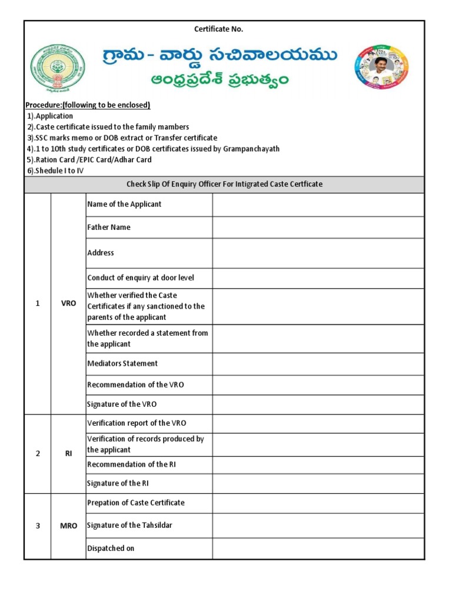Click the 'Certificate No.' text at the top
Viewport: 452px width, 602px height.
[218, 29]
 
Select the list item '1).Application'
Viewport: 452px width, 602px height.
[49, 116]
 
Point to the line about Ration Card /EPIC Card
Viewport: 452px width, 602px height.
[89, 160]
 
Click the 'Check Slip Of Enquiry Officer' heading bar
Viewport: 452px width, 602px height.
[224, 184]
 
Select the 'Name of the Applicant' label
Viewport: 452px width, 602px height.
[124, 204]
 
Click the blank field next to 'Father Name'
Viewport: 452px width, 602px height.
[318, 227]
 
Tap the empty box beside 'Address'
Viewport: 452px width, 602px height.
[318, 253]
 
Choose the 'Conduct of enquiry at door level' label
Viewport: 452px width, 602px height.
[141, 277]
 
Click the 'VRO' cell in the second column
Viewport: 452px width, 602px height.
[68, 303]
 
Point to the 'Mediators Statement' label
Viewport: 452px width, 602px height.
[122, 363]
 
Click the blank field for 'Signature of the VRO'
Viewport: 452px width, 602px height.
[318, 404]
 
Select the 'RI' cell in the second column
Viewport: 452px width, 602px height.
[68, 454]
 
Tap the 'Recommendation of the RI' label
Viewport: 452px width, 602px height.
[131, 464]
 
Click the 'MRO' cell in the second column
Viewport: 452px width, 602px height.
[68, 526]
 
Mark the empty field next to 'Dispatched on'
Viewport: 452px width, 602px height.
[318, 548]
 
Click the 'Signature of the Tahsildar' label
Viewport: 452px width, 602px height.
[129, 525]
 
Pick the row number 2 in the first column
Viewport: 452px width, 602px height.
[38, 454]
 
